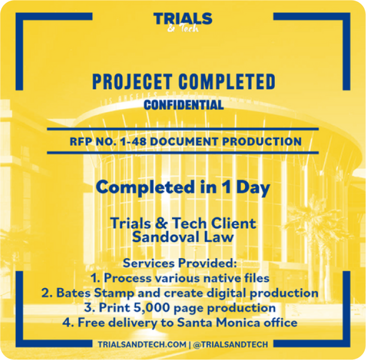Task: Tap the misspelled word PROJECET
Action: [132, 81]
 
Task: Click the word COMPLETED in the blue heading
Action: [227, 81]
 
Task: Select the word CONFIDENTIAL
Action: [184, 105]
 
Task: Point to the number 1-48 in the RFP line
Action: [133, 142]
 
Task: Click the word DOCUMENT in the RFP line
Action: [184, 142]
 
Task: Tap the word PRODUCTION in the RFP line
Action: [262, 142]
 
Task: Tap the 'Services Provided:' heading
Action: [180, 264]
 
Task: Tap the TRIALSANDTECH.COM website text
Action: [142, 344]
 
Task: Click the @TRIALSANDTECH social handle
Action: [231, 344]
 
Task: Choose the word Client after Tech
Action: [234, 223]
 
